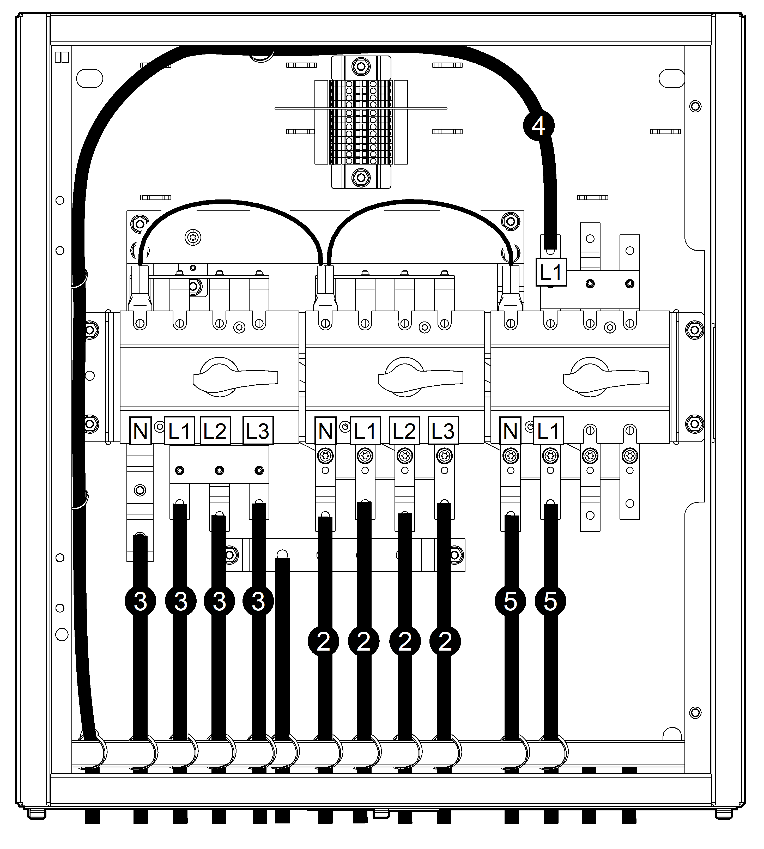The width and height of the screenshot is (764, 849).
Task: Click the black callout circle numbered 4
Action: pyautogui.click(x=538, y=125)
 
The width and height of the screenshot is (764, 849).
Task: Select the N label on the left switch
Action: pyautogui.click(x=140, y=430)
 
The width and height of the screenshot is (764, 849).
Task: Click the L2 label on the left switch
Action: pyautogui.click(x=215, y=430)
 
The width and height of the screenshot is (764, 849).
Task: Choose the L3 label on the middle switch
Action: pyautogui.click(x=443, y=430)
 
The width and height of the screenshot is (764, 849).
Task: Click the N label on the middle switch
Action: pyautogui.click(x=325, y=430)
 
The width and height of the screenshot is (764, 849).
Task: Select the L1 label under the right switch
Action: pyautogui.click(x=548, y=430)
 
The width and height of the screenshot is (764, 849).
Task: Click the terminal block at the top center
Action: pyautogui.click(x=361, y=122)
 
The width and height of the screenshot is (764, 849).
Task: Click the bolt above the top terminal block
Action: pyautogui.click(x=360, y=66)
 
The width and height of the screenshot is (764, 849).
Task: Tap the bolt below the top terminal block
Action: pyautogui.click(x=360, y=177)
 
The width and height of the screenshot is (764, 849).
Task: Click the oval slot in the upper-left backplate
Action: pyautogui.click(x=89, y=78)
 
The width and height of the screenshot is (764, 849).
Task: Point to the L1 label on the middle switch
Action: pyautogui.click(x=365, y=430)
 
